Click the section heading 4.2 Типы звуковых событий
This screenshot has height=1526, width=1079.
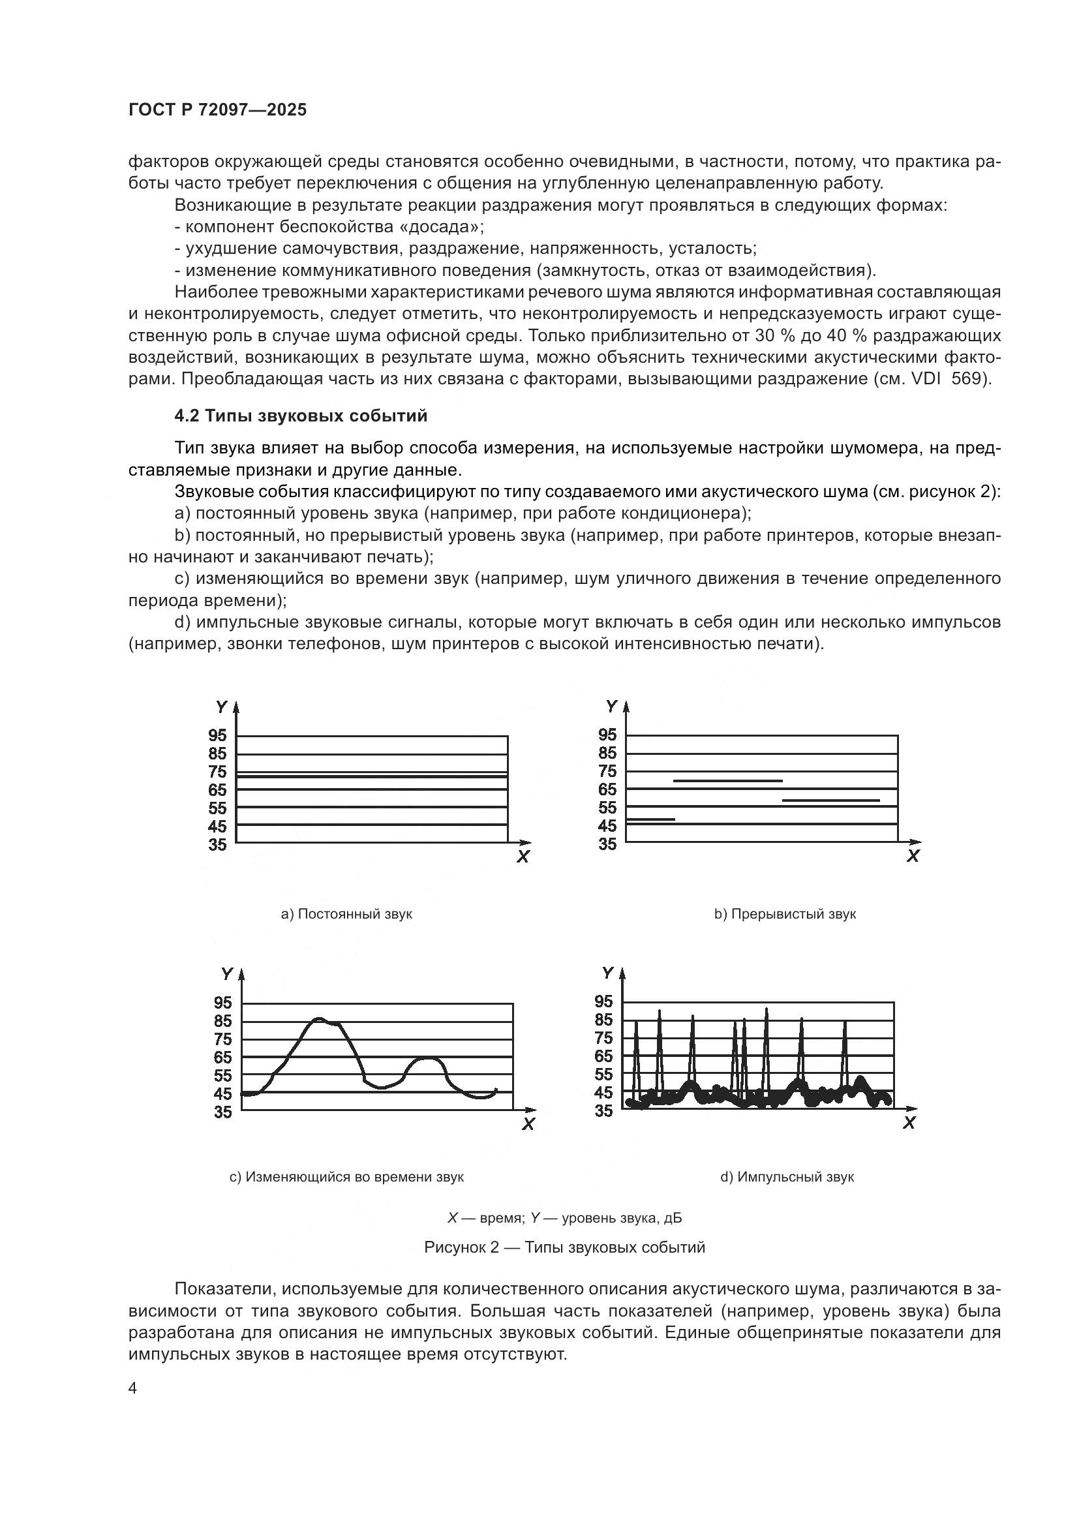click(x=300, y=416)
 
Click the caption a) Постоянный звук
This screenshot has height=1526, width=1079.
click(x=346, y=914)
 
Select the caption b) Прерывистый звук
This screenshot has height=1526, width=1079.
click(x=785, y=914)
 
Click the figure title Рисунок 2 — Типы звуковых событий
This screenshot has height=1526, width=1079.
click(x=564, y=1247)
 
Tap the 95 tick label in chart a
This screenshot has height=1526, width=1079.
click(x=217, y=735)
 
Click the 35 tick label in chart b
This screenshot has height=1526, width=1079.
click(x=607, y=844)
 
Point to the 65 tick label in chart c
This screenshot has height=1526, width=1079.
click(x=223, y=1057)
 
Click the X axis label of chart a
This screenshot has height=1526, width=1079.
click(x=523, y=857)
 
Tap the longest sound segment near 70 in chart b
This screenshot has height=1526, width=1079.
click(x=727, y=781)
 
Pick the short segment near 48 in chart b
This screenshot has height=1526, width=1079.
click(x=650, y=819)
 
